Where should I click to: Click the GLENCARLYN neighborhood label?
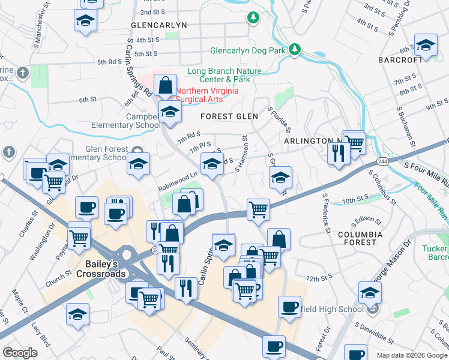pyautogui.click(x=159, y=25)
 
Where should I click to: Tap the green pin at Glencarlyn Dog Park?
pyautogui.click(x=295, y=50)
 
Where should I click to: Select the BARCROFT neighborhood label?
pyautogui.click(x=402, y=60)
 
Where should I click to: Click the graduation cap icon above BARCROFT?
pyautogui.click(x=426, y=46)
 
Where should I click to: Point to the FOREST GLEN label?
pyautogui.click(x=229, y=116)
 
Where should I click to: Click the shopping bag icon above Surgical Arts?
pyautogui.click(x=165, y=85)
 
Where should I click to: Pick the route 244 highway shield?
pyautogui.click(x=382, y=161)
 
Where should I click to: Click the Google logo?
pyautogui.click(x=20, y=353)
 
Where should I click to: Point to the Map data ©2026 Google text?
pyautogui.click(x=411, y=355)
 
